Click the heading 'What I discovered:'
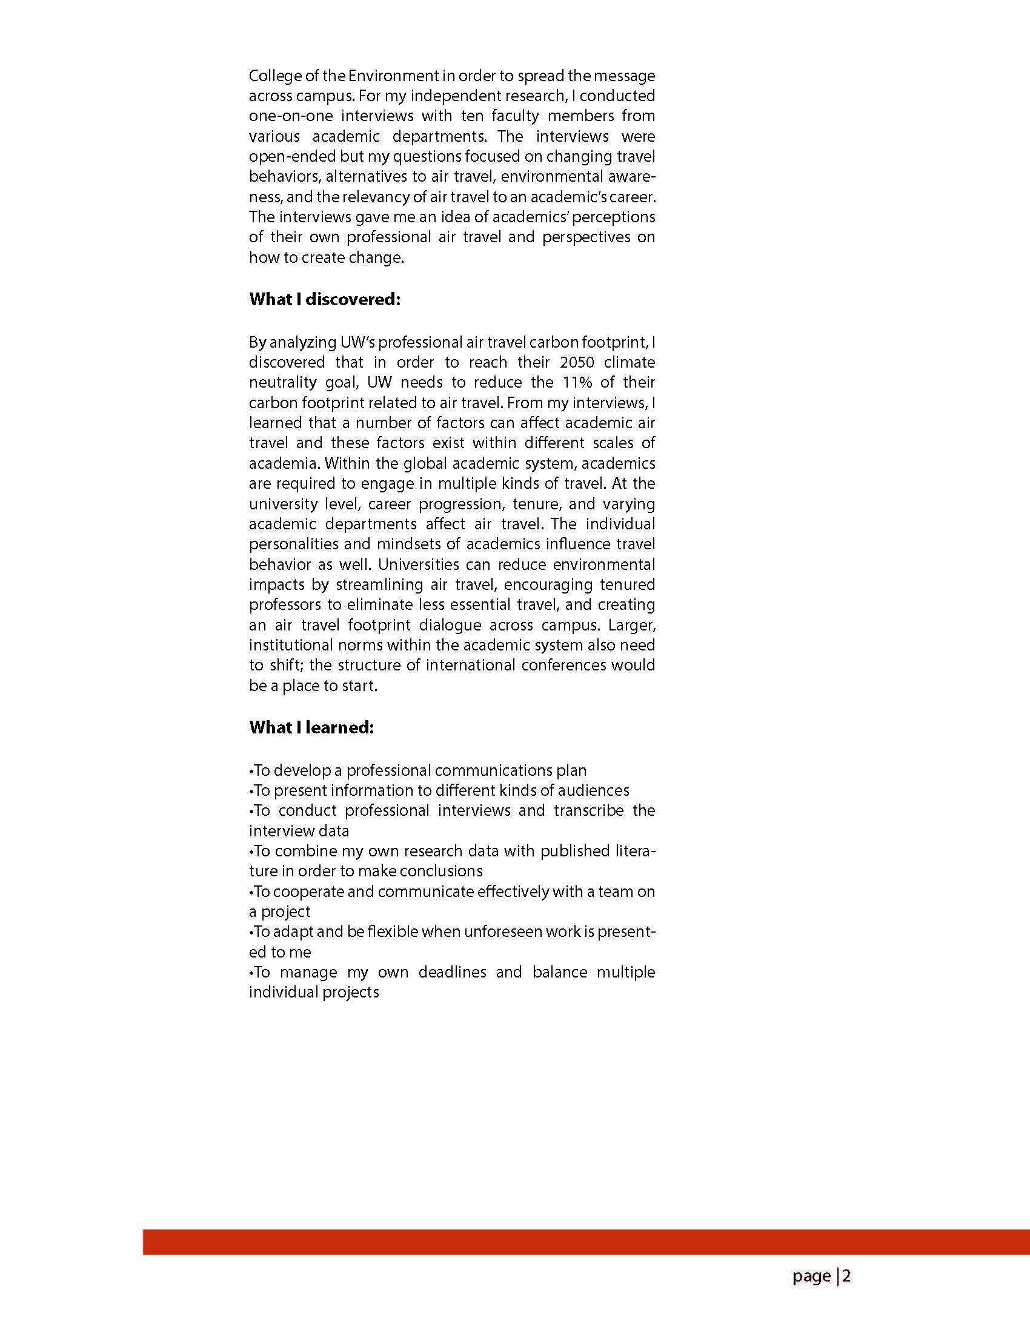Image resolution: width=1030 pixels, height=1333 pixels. click(324, 300)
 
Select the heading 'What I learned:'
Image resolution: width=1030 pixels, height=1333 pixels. click(311, 727)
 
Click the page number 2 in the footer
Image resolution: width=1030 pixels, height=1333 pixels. click(847, 1275)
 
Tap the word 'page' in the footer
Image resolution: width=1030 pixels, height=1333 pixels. click(811, 1276)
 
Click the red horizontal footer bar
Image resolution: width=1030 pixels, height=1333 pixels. click(586, 1242)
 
